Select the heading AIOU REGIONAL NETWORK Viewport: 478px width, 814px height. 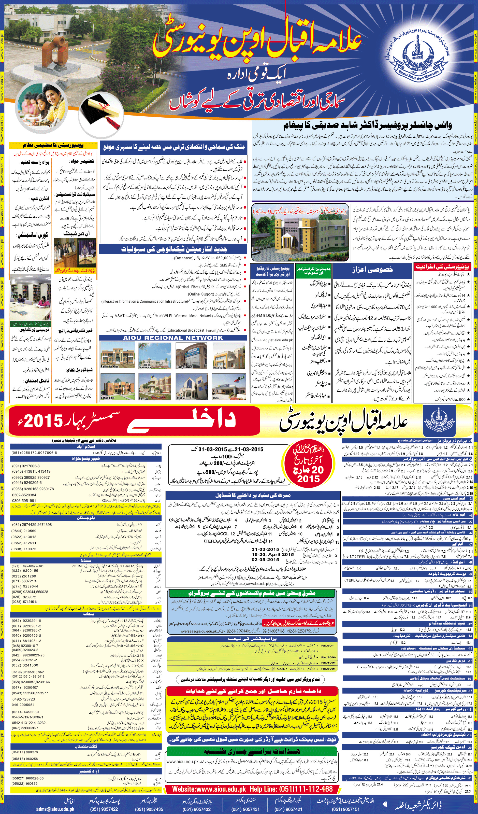tap(173, 338)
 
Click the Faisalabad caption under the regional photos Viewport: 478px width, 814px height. tap(184, 367)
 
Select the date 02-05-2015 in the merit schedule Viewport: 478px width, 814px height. tap(265, 559)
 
